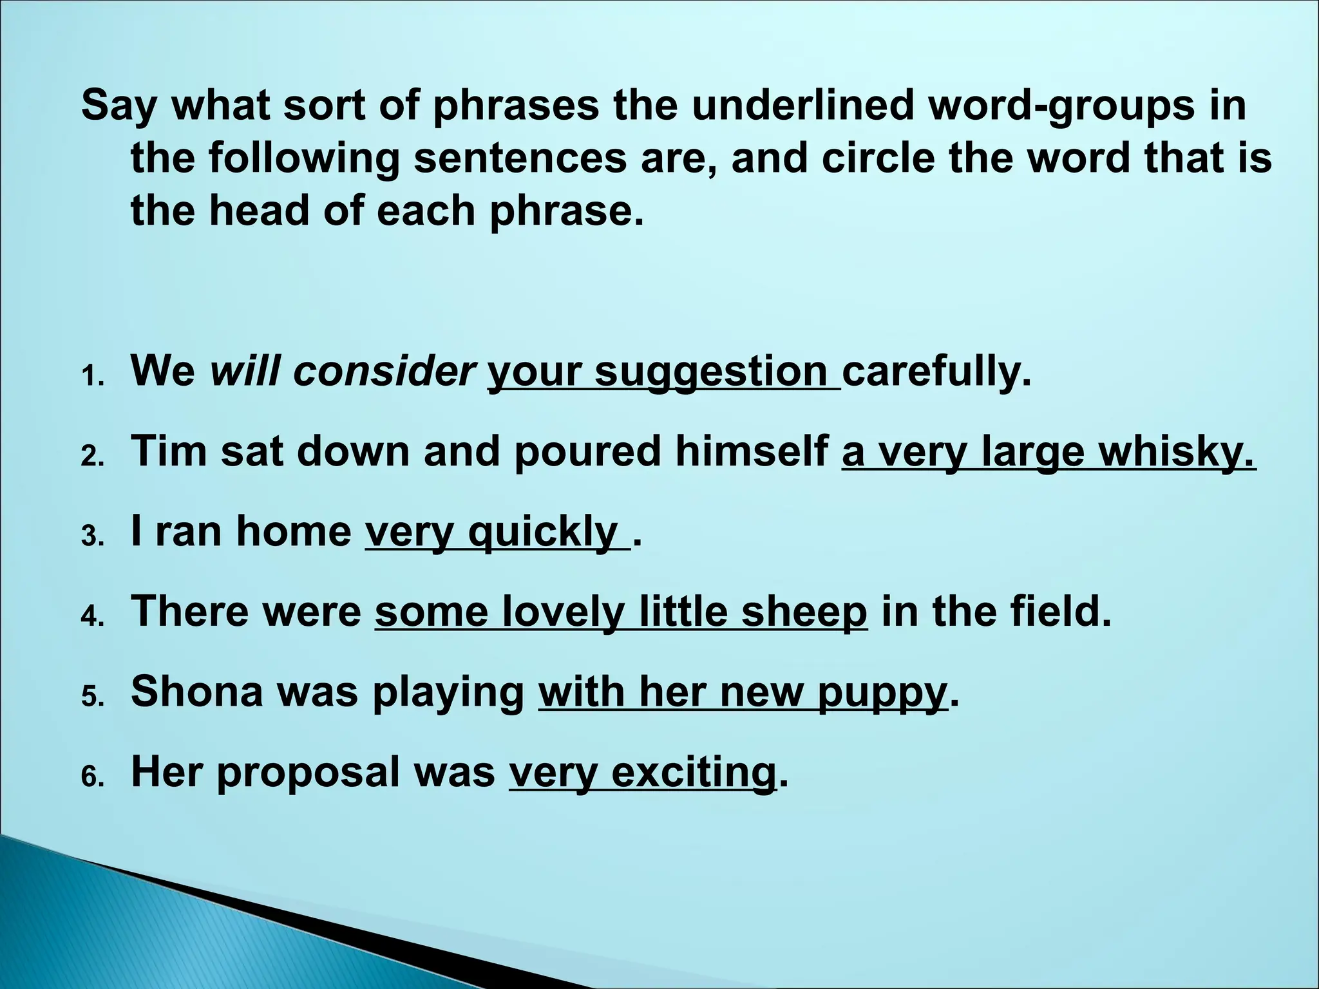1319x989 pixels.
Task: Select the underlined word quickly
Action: click(543, 532)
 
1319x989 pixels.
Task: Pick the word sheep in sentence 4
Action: click(804, 612)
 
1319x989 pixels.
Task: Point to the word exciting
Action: click(693, 772)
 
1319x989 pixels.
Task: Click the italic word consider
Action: click(384, 372)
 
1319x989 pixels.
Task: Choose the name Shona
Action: click(197, 692)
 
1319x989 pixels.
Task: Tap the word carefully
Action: click(936, 373)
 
